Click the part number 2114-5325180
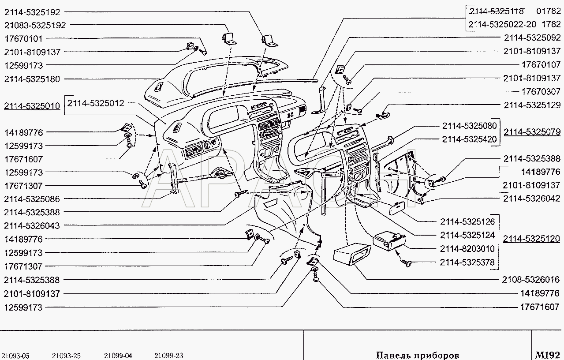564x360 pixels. pos(32,79)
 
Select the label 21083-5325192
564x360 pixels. pos(35,25)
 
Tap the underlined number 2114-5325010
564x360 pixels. pos(32,106)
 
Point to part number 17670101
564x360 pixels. pos(24,39)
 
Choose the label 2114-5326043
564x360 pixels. pos(32,226)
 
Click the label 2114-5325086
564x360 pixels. pos(32,199)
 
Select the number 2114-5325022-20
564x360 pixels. pos(502,24)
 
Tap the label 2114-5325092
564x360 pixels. pos(532,38)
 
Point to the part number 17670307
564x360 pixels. pos(541,91)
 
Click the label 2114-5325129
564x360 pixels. pos(532,105)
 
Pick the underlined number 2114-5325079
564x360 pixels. pos(532,132)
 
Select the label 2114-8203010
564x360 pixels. pos(467,249)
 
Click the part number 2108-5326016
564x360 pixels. pos(531,280)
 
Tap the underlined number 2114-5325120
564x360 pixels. pos(531,239)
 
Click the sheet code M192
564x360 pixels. pos(547,355)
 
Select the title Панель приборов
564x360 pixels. pos(418,356)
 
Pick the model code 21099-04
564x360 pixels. pos(118,356)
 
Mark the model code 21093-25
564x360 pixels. pos(66,356)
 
